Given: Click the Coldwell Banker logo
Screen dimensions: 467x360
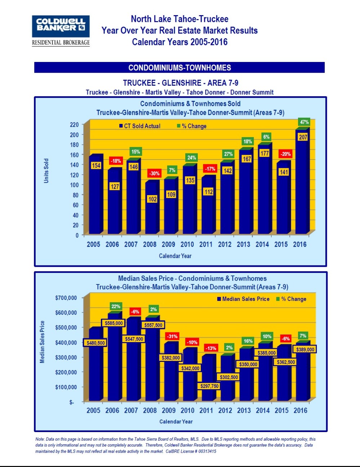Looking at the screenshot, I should point(61,31).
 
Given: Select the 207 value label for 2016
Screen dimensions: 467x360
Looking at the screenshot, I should point(303,137).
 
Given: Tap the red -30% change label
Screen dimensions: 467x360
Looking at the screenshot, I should point(154,174).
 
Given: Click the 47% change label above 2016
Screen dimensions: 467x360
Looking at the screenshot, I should point(304,122).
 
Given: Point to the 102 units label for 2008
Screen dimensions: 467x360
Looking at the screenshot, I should point(152,199).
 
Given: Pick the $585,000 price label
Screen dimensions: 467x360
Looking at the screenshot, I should point(114,323).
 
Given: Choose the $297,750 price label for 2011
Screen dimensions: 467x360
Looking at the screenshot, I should point(209,386).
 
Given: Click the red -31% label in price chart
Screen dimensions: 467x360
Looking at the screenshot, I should point(172,336).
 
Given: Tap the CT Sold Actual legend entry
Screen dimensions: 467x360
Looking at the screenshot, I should point(140,126).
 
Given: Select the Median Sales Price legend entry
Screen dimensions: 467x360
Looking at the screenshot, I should point(243,299).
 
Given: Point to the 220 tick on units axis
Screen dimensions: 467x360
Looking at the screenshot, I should point(74,125).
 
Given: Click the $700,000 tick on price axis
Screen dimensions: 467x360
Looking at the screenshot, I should point(66,298).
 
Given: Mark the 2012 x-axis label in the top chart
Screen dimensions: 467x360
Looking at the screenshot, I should point(225,244).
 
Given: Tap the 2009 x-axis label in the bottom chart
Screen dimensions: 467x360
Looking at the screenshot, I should point(168,410).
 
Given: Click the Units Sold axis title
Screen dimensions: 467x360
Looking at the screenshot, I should point(46,171).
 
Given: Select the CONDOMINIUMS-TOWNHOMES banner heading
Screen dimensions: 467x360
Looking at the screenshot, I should point(179,68).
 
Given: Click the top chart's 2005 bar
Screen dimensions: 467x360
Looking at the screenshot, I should point(95,194).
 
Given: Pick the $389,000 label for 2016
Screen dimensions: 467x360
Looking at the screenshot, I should point(305,349).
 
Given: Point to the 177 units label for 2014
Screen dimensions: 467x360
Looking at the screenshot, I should point(265,153).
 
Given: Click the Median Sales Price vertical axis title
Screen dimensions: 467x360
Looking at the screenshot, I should point(42,342).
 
